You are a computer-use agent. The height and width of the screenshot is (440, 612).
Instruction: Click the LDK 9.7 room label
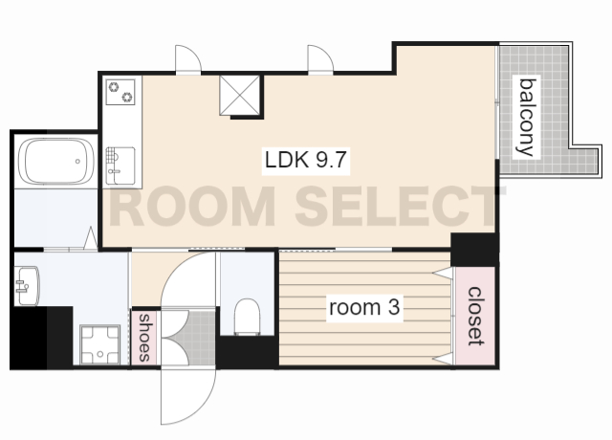[306, 160]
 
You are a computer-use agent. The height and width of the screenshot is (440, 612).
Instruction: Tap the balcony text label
[527, 117]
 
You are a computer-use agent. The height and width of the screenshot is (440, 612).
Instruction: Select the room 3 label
[364, 307]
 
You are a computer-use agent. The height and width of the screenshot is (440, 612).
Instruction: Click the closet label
[476, 316]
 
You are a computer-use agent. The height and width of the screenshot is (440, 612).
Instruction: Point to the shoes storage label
[144, 338]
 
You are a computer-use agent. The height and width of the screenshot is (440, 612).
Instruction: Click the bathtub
[56, 161]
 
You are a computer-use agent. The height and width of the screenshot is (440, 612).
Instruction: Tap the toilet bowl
[247, 317]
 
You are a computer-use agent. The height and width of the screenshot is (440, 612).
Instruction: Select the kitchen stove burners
[120, 92]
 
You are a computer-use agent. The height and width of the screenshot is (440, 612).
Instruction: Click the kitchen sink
[120, 165]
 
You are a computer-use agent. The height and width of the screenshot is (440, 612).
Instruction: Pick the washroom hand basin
[27, 286]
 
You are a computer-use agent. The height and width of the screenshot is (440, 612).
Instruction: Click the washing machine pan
[99, 344]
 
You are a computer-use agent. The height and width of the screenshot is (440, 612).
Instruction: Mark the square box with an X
[240, 96]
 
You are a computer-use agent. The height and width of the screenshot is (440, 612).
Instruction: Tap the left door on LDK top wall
[188, 59]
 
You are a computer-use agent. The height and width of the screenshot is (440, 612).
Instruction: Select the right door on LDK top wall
[320, 59]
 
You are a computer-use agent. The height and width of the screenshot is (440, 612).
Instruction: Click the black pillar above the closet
[474, 249]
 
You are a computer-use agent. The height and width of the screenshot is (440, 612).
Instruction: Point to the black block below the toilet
[248, 352]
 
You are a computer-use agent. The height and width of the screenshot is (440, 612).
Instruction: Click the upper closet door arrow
[444, 273]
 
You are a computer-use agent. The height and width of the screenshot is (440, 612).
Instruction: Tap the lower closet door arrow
[444, 359]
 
